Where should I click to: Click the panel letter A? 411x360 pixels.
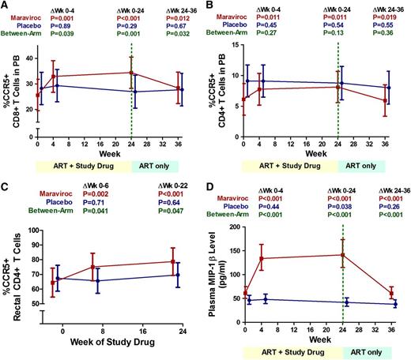pos(6,6)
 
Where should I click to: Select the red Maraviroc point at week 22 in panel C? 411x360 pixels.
pos(172,261)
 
